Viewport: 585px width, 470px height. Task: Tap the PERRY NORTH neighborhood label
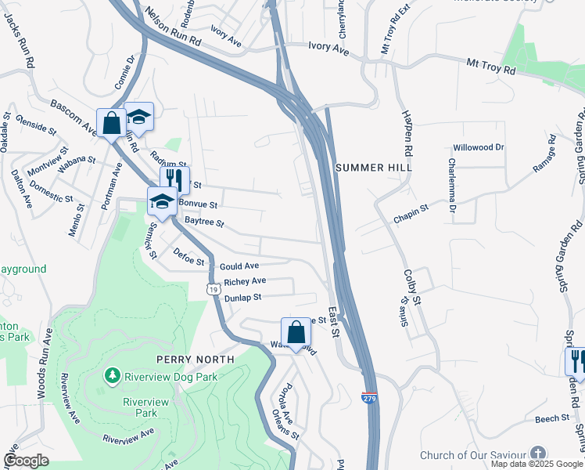(195, 359)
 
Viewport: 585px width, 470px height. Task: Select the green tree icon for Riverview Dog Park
(113, 377)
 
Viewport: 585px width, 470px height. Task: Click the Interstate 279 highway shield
(370, 398)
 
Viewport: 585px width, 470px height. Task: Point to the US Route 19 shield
(213, 289)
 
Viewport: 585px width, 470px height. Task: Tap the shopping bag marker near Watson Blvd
(296, 332)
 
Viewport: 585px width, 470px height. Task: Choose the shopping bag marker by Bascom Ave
(110, 123)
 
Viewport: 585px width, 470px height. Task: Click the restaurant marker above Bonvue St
(174, 179)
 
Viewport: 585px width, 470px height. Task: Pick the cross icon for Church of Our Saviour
(538, 454)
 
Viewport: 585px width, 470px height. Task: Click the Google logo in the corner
(26, 461)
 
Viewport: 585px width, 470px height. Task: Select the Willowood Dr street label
(479, 147)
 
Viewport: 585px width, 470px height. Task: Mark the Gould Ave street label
(239, 266)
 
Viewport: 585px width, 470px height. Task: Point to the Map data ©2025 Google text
(537, 464)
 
